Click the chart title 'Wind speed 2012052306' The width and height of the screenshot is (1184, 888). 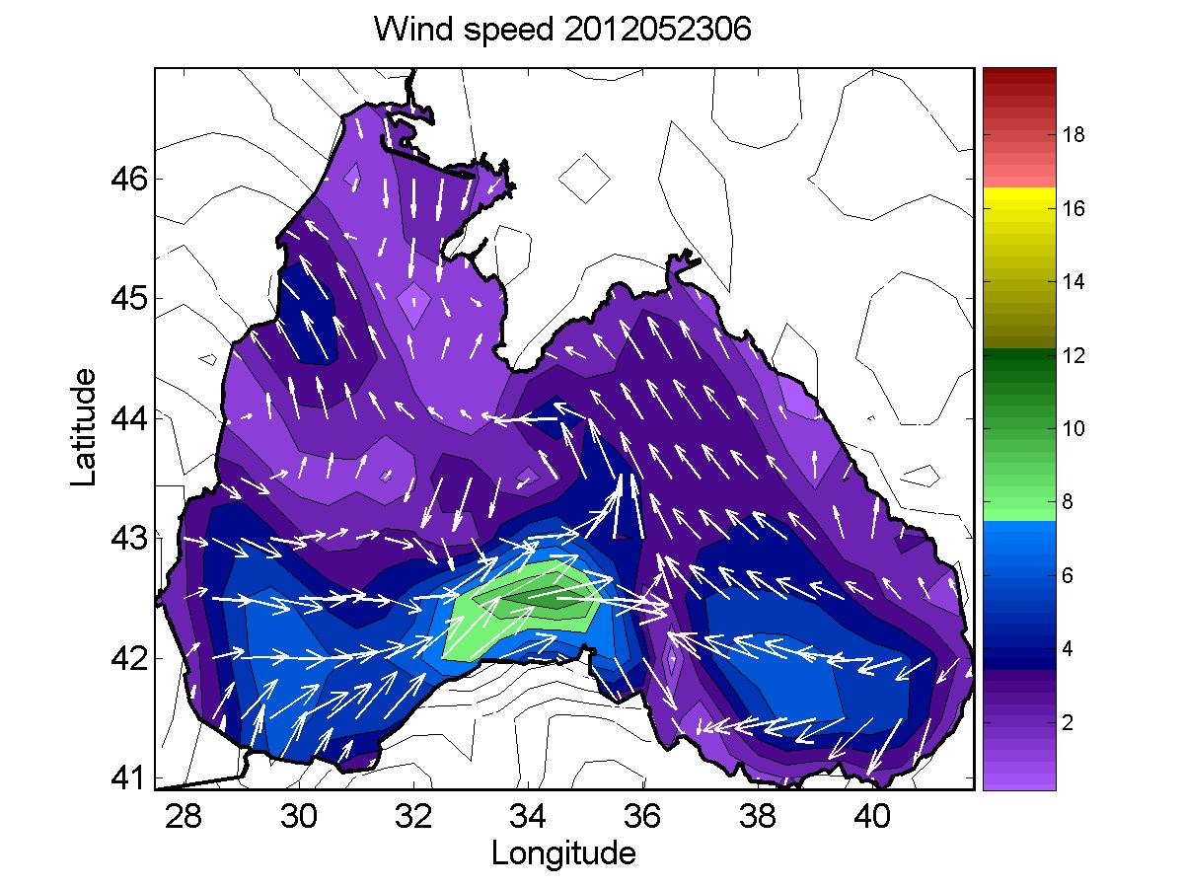(x=562, y=31)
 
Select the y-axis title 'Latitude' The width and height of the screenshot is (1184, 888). (x=86, y=426)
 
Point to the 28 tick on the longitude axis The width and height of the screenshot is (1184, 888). (x=184, y=817)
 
